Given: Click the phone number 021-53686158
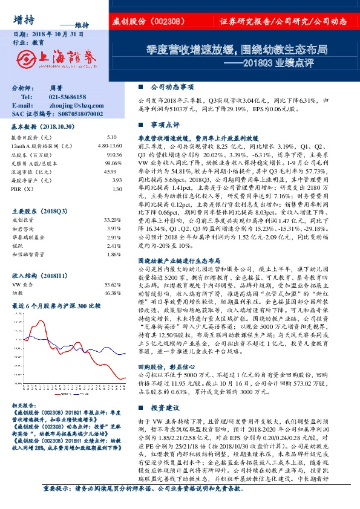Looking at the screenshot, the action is [67, 97].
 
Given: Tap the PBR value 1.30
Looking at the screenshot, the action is [117, 189].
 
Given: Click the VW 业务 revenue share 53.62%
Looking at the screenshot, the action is [113, 267].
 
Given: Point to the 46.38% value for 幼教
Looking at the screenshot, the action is [113, 275].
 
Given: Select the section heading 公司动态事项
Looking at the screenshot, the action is [172, 86].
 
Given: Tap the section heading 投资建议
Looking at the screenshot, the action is [165, 408].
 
